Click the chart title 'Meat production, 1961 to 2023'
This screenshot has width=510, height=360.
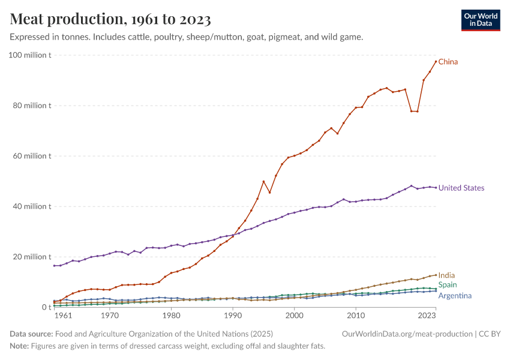110,20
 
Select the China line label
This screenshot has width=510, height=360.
448,62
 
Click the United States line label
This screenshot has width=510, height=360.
461,188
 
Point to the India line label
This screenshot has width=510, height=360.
446,275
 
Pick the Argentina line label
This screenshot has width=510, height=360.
455,296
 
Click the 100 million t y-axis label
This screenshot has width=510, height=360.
31,55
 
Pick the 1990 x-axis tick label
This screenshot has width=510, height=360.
233,315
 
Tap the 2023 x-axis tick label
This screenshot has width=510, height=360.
427,315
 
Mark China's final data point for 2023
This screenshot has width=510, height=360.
436,62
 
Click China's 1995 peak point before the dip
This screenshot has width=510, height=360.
263,181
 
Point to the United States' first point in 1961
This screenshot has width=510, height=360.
54,266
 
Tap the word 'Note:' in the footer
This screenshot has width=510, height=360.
20,346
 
